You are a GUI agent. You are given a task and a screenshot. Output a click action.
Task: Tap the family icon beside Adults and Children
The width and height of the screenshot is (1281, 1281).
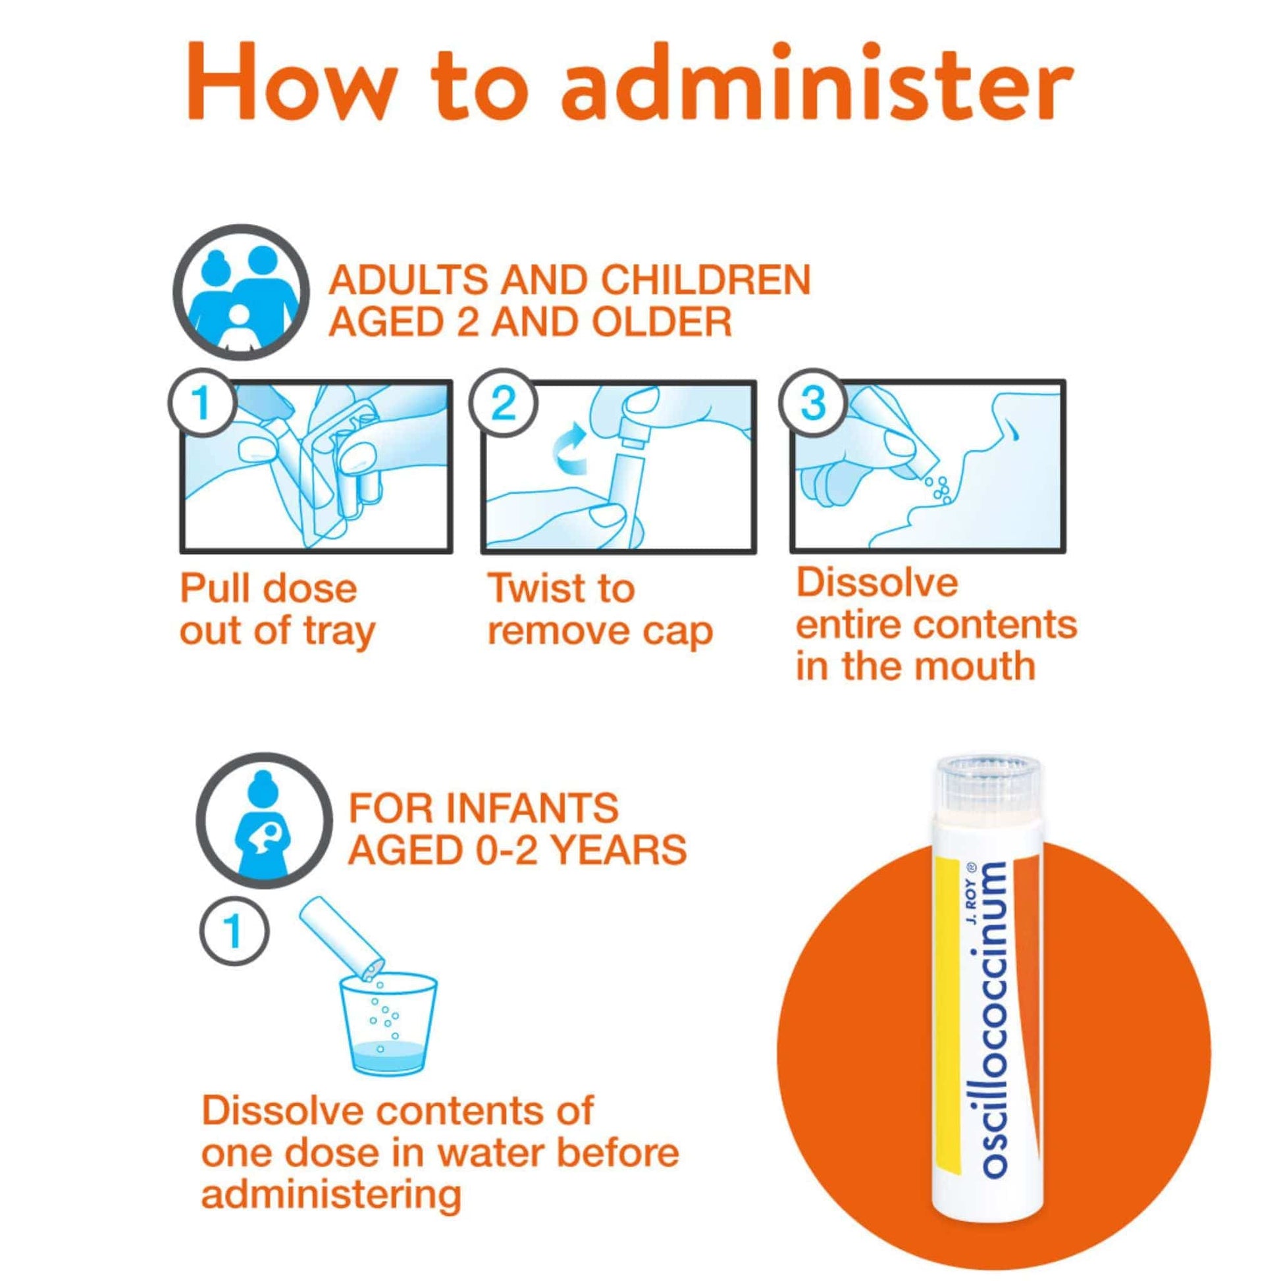tap(241, 292)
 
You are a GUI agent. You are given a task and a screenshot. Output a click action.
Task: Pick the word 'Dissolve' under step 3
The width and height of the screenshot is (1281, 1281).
tap(877, 583)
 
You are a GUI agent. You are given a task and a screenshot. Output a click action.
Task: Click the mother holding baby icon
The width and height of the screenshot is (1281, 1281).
tap(265, 821)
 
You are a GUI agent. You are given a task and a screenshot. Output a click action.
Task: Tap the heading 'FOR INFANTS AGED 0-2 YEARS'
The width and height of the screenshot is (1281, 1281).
tap(517, 828)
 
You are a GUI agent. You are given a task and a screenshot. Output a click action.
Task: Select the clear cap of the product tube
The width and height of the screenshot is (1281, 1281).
tap(986, 785)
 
